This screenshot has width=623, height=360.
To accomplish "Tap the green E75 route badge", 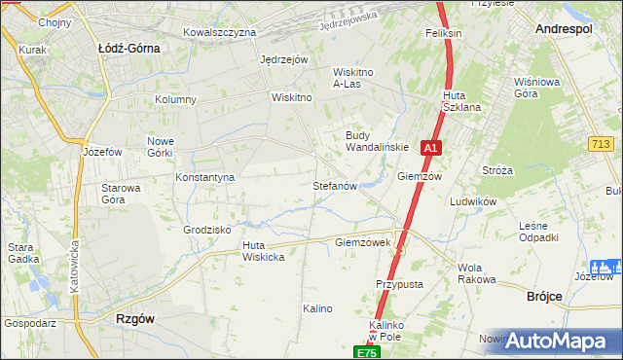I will click(x=365, y=351).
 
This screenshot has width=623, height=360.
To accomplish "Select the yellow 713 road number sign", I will click(x=601, y=144).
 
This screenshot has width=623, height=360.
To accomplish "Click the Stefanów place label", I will click(x=335, y=185).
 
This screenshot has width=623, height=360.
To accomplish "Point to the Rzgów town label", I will click(x=136, y=318).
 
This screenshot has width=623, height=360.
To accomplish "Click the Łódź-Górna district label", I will click(x=129, y=46).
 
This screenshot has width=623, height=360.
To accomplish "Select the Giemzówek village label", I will click(x=362, y=242).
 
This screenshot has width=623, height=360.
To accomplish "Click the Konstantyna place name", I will click(x=204, y=177).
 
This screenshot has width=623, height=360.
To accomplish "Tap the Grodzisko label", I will click(x=206, y=230).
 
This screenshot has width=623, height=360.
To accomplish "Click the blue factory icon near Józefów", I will click(x=604, y=267).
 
